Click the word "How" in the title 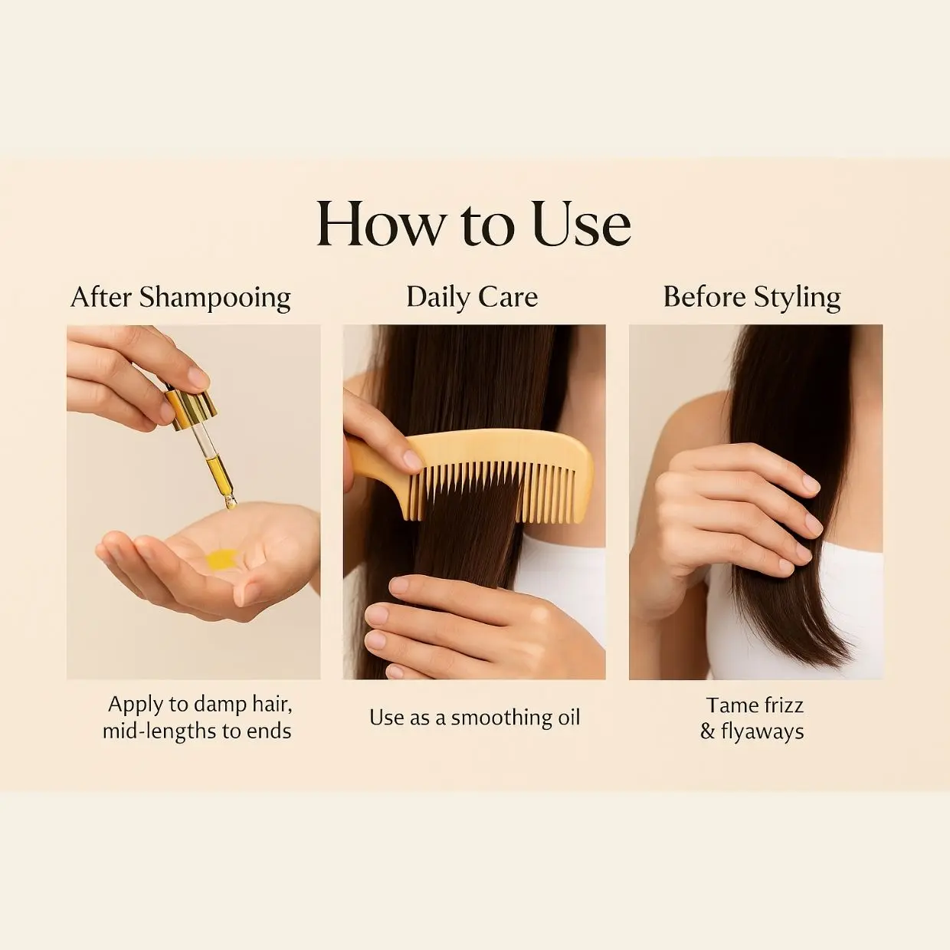tap(380, 224)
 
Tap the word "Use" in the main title tap(581, 224)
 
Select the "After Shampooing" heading tap(181, 298)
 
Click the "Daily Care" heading tap(472, 297)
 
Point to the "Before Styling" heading tap(752, 298)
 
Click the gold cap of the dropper tap(192, 409)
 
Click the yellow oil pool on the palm tap(221, 559)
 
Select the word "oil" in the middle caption tap(569, 718)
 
